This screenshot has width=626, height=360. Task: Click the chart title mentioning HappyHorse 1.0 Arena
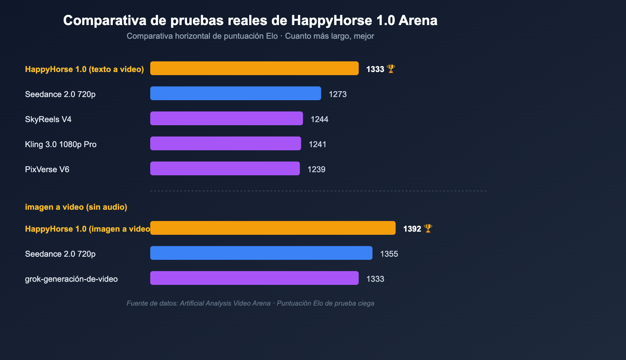250,20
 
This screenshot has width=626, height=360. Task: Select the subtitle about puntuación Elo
250,36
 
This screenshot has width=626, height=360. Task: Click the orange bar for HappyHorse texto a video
254,68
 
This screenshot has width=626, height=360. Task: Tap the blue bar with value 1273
236,93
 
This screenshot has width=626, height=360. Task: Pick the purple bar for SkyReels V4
227,118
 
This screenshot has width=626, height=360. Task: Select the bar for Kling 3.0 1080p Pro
226,143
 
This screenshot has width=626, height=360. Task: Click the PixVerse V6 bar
225,168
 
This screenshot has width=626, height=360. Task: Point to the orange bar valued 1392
273,228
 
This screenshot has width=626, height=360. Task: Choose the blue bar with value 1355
261,253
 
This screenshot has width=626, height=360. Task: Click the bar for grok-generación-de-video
254,278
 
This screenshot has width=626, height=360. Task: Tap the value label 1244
319,119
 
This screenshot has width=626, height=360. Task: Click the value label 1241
317,144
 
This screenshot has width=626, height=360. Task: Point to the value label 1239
316,169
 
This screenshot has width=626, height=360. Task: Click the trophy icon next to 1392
428,229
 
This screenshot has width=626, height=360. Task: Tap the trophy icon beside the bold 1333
391,69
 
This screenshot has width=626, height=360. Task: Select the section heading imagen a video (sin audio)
76,207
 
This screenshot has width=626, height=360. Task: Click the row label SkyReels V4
48,119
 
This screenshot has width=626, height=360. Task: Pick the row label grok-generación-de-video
71,279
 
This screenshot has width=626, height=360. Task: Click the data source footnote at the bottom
250,303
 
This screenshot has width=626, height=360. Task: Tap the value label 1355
389,254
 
